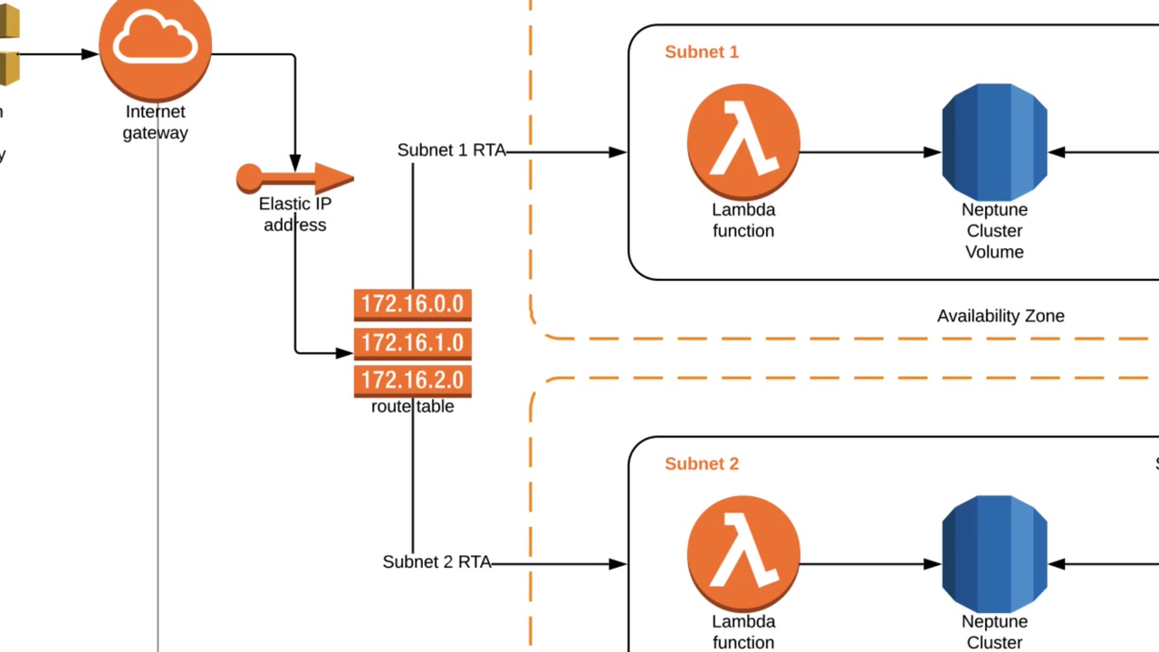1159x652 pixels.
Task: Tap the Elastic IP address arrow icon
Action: (x=294, y=178)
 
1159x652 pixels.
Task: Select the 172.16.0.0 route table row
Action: (x=412, y=304)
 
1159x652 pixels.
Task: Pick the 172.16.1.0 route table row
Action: (x=412, y=343)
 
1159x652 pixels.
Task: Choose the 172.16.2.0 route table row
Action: (x=412, y=380)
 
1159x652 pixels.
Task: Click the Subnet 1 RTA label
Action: (x=451, y=150)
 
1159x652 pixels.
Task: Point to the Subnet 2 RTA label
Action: (x=436, y=562)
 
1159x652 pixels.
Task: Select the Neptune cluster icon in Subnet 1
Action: (x=994, y=142)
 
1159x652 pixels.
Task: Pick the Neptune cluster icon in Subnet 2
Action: (x=994, y=553)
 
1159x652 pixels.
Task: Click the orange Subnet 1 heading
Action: (x=702, y=53)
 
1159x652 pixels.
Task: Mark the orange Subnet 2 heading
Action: (x=702, y=465)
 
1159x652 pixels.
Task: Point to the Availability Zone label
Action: (x=1001, y=316)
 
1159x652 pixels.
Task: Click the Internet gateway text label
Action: (x=156, y=122)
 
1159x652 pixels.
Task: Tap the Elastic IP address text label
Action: (x=295, y=215)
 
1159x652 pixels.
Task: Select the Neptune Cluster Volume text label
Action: (x=994, y=231)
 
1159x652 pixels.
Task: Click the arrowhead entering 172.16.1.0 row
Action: (x=344, y=353)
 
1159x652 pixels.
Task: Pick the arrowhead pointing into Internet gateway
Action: (x=90, y=54)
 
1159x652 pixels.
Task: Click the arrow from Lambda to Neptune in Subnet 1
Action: (x=869, y=152)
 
